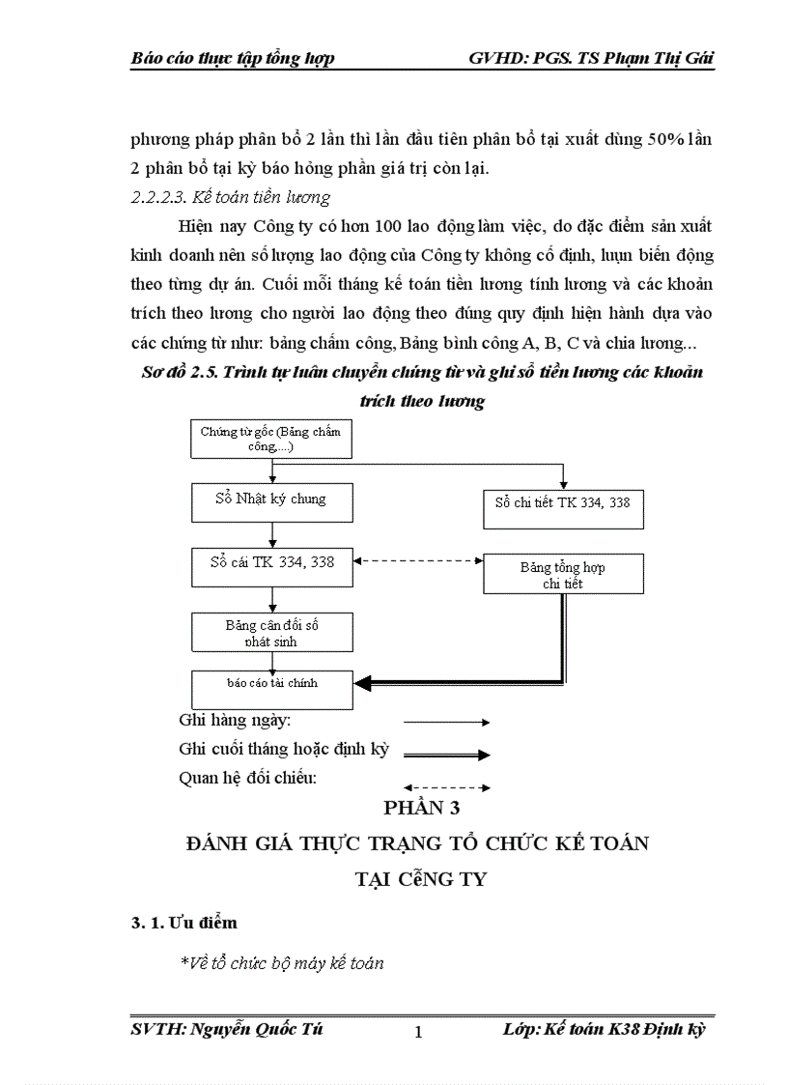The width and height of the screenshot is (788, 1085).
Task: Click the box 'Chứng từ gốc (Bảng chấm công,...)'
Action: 271,440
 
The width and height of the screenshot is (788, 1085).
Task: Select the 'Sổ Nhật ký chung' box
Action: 271,500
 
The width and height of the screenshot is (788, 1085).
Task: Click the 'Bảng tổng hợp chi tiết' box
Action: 563,574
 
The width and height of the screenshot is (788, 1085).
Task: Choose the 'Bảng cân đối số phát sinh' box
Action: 271,632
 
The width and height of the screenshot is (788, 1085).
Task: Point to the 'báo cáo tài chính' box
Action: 271,687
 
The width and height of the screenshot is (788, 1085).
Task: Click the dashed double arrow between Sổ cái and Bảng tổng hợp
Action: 418,560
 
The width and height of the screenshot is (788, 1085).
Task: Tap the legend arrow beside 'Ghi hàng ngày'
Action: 446,722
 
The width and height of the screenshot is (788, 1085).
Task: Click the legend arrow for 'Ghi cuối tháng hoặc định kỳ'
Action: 446,755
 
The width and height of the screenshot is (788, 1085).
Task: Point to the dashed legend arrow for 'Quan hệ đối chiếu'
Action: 446,787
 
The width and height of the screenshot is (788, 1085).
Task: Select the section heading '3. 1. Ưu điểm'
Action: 184,923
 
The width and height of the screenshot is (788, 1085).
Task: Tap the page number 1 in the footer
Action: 418,1033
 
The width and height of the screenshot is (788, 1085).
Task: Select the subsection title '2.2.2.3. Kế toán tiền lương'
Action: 230,198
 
